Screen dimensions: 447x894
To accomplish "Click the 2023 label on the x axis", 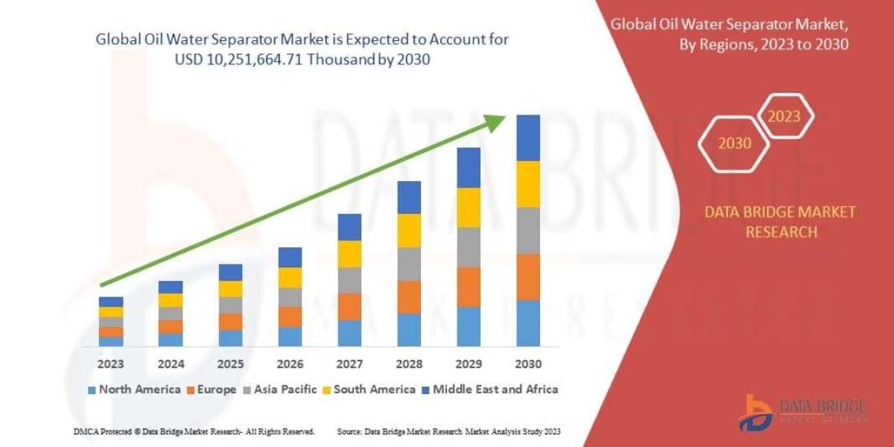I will coord(111,364).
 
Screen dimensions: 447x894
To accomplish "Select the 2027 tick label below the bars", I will coord(349,364).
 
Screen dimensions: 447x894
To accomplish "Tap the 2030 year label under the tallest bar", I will coord(528,364).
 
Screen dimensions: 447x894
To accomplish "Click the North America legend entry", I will coord(134,389).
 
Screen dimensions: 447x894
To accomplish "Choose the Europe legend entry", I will coord(212,389).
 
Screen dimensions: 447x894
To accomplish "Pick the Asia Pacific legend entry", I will coord(280,389).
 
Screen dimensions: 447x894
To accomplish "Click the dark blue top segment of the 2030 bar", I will coord(528,138).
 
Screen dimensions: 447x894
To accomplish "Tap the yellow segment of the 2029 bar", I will coord(469,207).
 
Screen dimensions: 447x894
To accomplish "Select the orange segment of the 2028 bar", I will coord(409,297).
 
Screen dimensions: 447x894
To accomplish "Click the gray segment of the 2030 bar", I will coord(528,230).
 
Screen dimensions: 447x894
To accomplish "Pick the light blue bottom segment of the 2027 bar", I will coord(349,333).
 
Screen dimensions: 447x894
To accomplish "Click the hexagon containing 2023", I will coord(784,116).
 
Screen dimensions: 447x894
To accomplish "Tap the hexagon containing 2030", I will coord(735,143).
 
